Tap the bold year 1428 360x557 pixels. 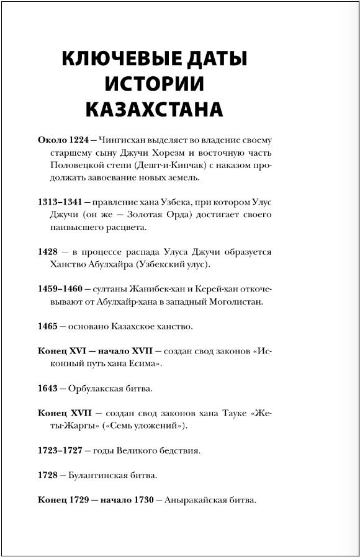click(x=48, y=252)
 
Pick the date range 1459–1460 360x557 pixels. click(x=60, y=290)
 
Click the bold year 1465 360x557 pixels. click(x=48, y=326)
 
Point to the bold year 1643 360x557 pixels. click(x=48, y=389)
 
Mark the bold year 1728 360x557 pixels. click(x=48, y=476)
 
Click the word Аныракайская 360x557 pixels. click(x=196, y=501)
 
